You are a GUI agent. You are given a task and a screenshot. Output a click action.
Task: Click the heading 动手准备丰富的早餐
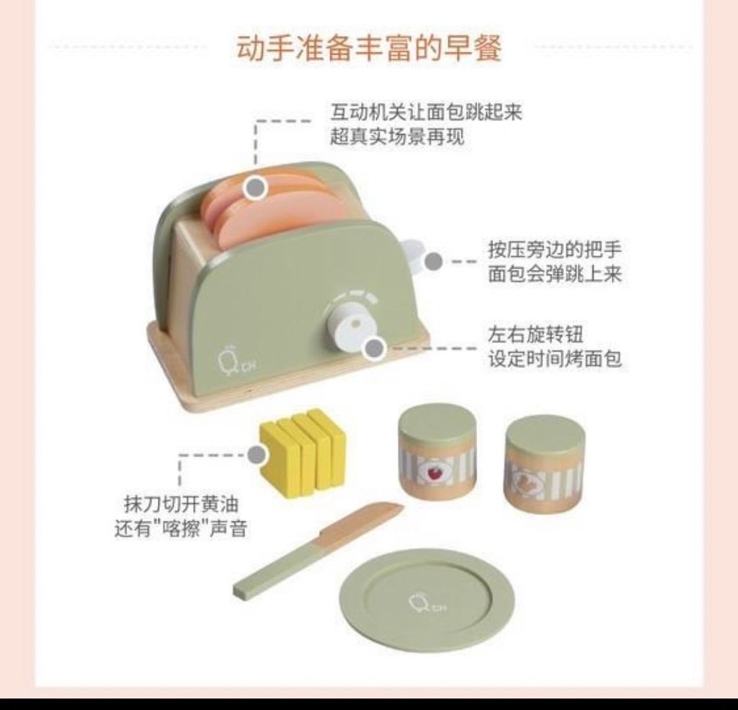click(369, 48)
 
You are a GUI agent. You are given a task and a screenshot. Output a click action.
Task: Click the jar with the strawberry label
click(437, 452)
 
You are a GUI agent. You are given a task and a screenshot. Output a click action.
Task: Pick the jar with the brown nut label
click(544, 465)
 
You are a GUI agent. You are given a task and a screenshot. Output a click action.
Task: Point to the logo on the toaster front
click(235, 360)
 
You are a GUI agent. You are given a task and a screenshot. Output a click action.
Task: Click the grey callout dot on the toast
click(256, 188)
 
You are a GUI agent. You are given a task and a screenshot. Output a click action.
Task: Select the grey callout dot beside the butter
click(257, 455)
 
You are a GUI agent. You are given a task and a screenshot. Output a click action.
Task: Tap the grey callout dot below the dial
click(375, 349)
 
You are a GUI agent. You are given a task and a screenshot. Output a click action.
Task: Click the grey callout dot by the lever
click(433, 261)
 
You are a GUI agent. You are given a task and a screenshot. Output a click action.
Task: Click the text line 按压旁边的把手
click(555, 249)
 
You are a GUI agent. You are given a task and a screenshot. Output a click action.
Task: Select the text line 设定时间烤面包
click(555, 359)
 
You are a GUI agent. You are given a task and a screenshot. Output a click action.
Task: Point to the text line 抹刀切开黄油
click(182, 504)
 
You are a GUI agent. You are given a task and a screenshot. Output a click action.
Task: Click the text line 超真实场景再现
click(397, 136)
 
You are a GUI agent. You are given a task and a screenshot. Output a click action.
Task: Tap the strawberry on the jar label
click(433, 472)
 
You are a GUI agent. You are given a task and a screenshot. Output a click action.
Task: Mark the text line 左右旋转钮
click(535, 335)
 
